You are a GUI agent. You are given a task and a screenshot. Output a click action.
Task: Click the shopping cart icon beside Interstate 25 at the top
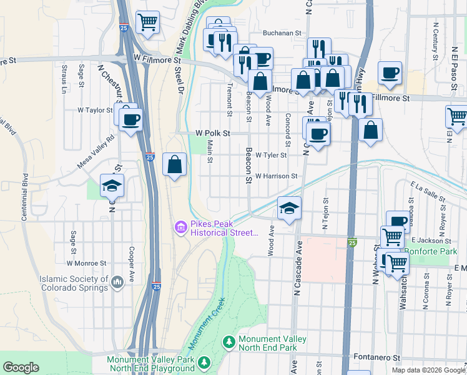tap(148, 22)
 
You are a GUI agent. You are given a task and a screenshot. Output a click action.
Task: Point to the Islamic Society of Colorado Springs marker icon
tap(117, 284)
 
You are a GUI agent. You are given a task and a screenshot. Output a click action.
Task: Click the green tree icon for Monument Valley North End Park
tap(229, 342)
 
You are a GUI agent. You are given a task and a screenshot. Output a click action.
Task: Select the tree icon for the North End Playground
tap(204, 363)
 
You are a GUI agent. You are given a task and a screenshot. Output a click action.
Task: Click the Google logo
tap(21, 367)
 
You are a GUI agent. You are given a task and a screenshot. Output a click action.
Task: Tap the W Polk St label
tap(213, 133)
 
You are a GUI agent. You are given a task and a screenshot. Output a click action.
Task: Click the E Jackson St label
tap(431, 241)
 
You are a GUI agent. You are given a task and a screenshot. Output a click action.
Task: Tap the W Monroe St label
tap(92, 264)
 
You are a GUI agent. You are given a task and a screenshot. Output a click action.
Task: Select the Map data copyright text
tap(428, 370)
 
